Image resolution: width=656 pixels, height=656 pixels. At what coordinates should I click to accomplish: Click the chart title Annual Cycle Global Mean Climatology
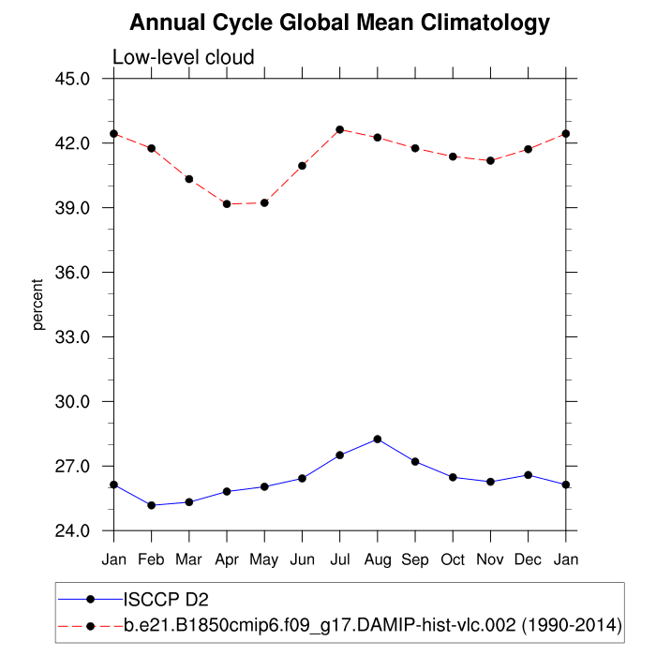click(x=339, y=22)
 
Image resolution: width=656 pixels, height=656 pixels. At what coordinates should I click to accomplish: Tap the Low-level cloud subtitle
click(x=183, y=58)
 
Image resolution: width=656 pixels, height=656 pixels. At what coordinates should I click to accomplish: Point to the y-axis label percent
click(x=38, y=305)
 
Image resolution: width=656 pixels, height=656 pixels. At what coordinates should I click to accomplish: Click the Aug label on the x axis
click(x=378, y=559)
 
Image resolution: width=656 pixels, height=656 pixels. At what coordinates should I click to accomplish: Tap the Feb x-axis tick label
click(x=152, y=559)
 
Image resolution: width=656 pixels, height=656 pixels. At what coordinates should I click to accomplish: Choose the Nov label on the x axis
click(x=490, y=559)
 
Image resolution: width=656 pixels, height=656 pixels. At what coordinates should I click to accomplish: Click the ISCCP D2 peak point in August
click(x=378, y=439)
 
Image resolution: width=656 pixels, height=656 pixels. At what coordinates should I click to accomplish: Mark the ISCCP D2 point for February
click(x=152, y=505)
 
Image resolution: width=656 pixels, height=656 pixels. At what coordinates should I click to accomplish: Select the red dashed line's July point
click(x=340, y=129)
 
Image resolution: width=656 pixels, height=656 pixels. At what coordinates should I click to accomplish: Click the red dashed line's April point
click(x=227, y=203)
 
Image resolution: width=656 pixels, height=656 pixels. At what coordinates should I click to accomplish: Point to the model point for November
click(x=490, y=160)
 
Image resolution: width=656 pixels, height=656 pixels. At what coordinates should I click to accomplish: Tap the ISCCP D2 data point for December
click(x=529, y=475)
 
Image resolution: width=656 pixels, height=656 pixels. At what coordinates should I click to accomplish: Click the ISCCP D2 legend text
click(x=166, y=598)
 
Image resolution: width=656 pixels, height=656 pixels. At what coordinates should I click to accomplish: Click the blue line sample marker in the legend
click(x=90, y=598)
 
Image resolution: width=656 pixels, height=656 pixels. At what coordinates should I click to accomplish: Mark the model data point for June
click(x=303, y=166)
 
